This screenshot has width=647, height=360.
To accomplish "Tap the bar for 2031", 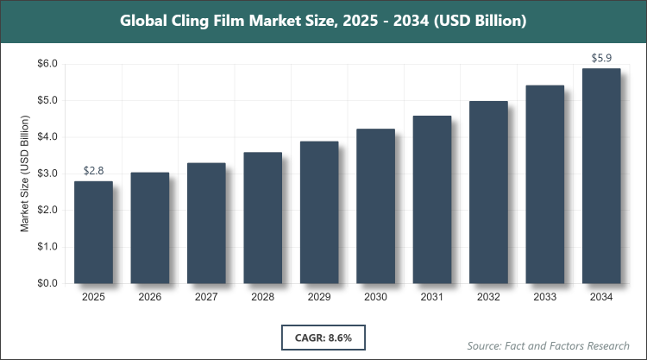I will point(432,199).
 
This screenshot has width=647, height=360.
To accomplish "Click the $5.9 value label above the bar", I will point(601,59).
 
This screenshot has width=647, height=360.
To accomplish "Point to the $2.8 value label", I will point(93,171).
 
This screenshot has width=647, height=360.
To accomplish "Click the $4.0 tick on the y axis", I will point(46,137).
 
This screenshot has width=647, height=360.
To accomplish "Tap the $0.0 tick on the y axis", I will point(46,283).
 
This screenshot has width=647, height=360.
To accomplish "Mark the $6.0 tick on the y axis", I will point(46,64).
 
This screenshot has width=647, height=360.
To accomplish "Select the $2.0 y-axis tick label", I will point(46,211).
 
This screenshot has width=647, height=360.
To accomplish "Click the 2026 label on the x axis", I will point(149,298).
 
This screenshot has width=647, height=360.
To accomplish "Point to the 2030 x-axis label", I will point(375,298).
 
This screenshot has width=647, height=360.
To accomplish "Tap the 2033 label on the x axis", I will point(545,298).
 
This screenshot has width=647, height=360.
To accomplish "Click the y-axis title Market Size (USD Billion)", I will point(25,174).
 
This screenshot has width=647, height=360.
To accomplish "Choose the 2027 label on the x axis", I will point(206,298).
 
